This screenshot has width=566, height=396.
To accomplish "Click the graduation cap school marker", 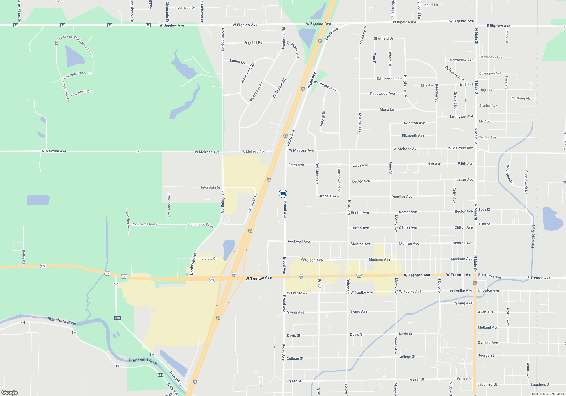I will point(283,194).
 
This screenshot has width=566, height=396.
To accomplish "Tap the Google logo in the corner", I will point(9,393).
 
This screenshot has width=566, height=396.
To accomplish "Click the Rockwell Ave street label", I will point(299,241).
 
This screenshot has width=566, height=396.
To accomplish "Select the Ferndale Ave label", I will point(328,196).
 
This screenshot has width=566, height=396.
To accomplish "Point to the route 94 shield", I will point(138,152).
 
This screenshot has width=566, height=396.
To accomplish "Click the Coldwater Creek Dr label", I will point(76,75).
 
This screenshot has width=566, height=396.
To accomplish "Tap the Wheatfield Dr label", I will point(80,93).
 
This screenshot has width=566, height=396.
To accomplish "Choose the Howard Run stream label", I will point(533,237).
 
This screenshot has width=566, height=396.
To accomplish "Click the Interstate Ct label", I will point(207,259).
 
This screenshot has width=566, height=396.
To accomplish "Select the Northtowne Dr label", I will point(325,86).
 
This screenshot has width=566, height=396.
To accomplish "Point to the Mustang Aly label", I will point(521,98).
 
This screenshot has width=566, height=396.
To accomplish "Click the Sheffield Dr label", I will point(383,38).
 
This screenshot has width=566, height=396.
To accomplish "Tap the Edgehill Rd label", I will point(253,43).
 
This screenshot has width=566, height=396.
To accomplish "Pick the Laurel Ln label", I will point(237,61).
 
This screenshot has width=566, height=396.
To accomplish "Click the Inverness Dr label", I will point(185,8).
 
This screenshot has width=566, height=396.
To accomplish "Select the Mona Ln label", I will point(387,109).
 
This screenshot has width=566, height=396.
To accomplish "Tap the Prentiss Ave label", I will point(402,197).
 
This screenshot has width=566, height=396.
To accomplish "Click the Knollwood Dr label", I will point(510,175).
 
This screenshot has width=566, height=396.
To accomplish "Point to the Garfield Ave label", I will point(488,343).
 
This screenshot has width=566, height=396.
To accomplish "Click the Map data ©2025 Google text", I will point(548,394).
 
